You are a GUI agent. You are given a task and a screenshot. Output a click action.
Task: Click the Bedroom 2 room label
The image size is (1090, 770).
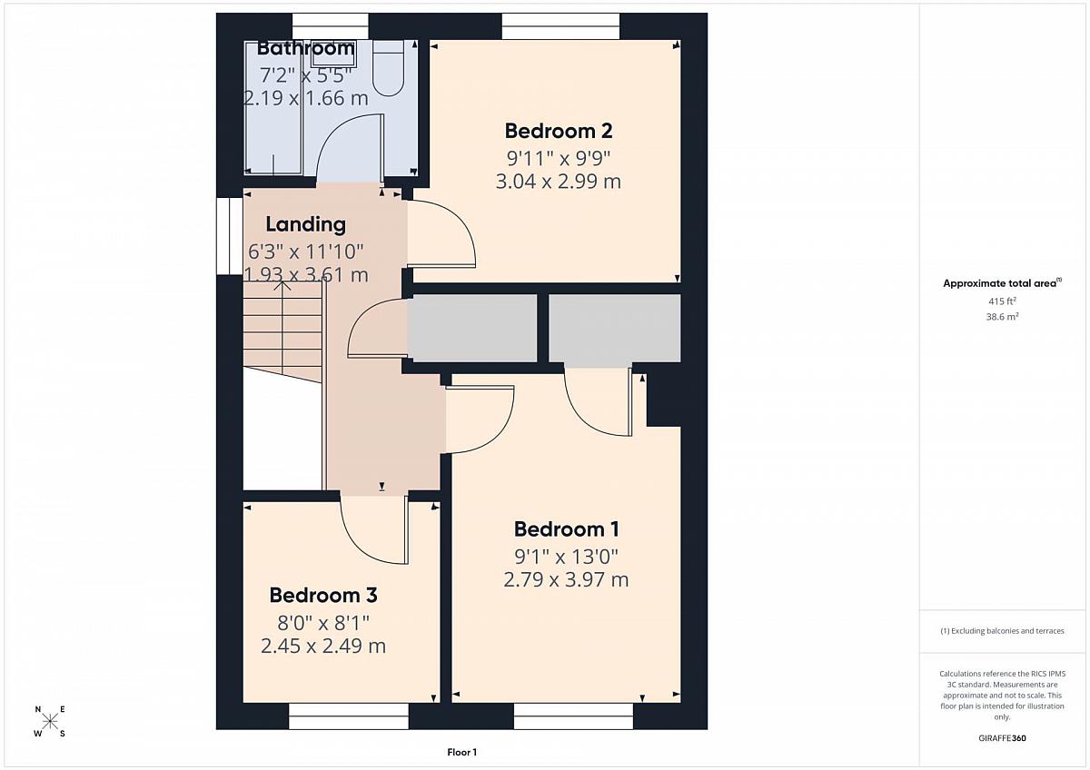tap(558, 131)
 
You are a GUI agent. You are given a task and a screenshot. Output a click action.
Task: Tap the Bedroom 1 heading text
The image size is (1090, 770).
tap(567, 529)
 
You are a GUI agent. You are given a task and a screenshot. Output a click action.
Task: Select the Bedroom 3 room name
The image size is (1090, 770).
tap(323, 596)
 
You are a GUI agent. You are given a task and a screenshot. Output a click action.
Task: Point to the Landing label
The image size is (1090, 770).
tap(305, 224)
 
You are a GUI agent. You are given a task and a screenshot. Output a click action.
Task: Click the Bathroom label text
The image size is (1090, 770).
tap(305, 48)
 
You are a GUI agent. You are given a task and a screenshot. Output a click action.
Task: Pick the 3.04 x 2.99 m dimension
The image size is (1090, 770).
tap(558, 182)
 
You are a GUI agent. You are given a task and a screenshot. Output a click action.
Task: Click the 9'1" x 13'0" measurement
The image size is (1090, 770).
tap(567, 556)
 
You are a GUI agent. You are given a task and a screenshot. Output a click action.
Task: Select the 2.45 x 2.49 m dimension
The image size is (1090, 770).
tap(323, 647)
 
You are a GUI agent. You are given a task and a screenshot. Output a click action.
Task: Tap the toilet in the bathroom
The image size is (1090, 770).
tap(389, 68)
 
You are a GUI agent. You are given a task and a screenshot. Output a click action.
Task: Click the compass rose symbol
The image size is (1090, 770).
tap(50, 721)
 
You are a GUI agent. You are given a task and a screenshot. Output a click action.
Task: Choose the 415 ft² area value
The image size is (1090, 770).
tap(1002, 301)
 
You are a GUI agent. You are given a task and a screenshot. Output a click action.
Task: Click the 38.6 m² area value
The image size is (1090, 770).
tap(1003, 317)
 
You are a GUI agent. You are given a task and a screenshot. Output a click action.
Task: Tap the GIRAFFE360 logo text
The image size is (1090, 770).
tap(1002, 738)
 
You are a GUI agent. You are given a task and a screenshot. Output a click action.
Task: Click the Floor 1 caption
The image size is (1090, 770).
tap(461, 753)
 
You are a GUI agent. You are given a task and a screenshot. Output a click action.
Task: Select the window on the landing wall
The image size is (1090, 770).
tap(229, 236)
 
